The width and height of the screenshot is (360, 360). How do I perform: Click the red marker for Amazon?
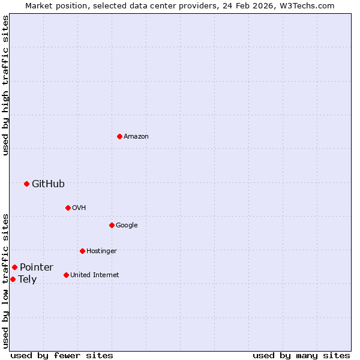119,136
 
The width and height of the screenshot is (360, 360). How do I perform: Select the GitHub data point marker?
26,184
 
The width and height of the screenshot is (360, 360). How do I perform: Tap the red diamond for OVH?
68,208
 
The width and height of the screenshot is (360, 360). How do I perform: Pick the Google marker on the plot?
112,225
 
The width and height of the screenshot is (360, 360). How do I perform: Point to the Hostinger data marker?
82,251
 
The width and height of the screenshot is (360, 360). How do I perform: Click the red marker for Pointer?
14,267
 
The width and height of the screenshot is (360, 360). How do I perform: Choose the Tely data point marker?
13,279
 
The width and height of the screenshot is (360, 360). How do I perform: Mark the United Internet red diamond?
66,275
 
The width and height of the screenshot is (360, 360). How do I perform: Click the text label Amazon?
136,137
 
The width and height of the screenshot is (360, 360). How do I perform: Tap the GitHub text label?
48,184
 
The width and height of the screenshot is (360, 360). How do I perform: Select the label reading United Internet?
94,275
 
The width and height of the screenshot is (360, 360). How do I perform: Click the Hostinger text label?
101,251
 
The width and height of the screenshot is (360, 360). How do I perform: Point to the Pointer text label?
36,268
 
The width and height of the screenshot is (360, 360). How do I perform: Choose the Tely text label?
27,280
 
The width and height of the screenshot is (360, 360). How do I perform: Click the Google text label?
127,226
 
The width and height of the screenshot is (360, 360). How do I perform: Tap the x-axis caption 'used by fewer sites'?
62,355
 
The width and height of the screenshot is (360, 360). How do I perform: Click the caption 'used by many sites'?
301,355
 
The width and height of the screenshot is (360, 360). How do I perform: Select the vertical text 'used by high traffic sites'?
5,85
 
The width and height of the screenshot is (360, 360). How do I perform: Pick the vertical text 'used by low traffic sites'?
5,280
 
